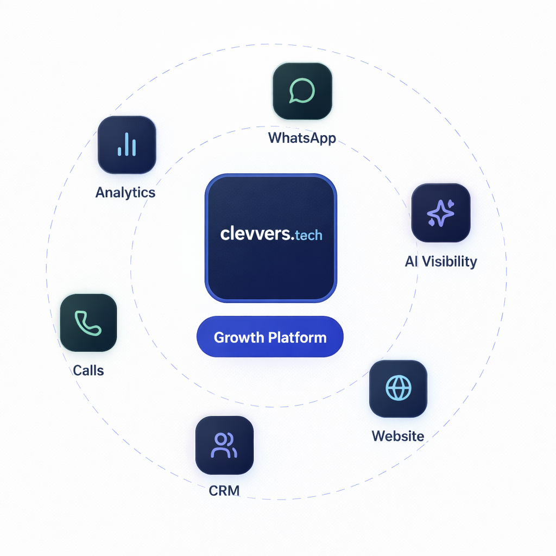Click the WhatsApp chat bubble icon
pyautogui.click(x=302, y=91)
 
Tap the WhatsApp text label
pyautogui.click(x=302, y=137)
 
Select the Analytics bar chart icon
pyautogui.click(x=127, y=144)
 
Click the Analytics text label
pyautogui.click(x=125, y=192)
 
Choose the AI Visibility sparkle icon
pyautogui.click(x=440, y=213)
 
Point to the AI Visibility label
pyautogui.click(x=441, y=261)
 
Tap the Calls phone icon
pyautogui.click(x=88, y=323)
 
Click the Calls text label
pyautogui.click(x=88, y=370)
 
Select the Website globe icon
pyautogui.click(x=398, y=388)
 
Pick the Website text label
pyautogui.click(x=398, y=435)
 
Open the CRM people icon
pyautogui.click(x=224, y=445)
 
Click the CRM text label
pyautogui.click(x=224, y=491)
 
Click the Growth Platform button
pyautogui.click(x=270, y=337)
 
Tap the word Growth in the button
pyautogui.click(x=238, y=338)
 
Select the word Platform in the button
pyautogui.click(x=298, y=337)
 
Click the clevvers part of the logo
pyautogui.click(x=256, y=234)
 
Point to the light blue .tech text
pyautogui.click(x=308, y=235)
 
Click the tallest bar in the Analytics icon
pyautogui.click(x=127, y=144)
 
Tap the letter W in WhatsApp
pyautogui.click(x=275, y=137)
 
